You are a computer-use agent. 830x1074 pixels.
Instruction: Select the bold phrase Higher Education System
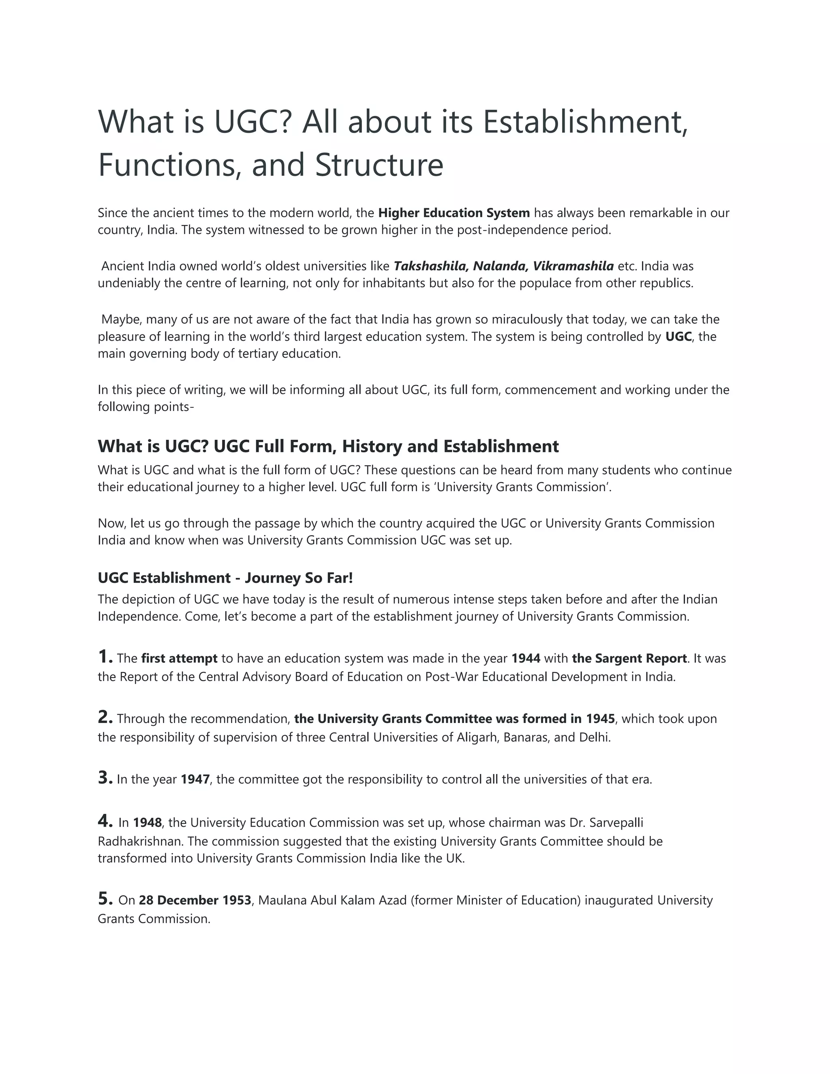pyautogui.click(x=454, y=213)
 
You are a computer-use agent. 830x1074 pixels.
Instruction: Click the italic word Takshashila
pyautogui.click(x=429, y=266)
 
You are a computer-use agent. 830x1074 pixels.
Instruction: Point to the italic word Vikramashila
pyautogui.click(x=573, y=266)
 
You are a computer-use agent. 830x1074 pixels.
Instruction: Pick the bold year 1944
pyautogui.click(x=526, y=659)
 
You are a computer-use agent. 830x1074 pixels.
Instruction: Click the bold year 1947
pyautogui.click(x=195, y=779)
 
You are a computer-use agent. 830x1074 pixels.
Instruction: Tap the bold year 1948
pyautogui.click(x=147, y=823)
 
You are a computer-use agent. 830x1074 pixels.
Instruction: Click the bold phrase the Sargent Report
pyautogui.click(x=629, y=659)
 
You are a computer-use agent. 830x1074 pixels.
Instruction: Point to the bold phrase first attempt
pyautogui.click(x=179, y=659)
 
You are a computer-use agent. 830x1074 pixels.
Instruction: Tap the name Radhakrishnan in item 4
pyautogui.click(x=140, y=841)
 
